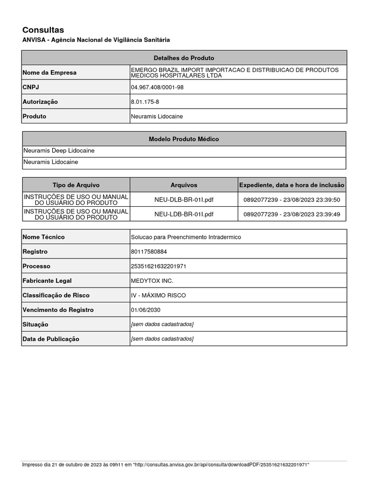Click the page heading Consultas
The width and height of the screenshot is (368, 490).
pyautogui.click(x=43, y=30)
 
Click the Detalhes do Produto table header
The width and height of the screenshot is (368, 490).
pyautogui.click(x=184, y=58)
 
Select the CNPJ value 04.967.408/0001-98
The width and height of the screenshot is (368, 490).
pyautogui.click(x=157, y=87)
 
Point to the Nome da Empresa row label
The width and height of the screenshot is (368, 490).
pyautogui.click(x=49, y=73)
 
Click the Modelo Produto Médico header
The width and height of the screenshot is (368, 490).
pyautogui.click(x=184, y=139)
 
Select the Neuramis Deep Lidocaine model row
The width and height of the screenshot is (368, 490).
pyautogui.click(x=59, y=151)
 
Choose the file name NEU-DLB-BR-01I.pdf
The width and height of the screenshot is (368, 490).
pyautogui.click(x=184, y=200)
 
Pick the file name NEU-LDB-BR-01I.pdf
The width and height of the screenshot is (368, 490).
pyautogui.click(x=184, y=214)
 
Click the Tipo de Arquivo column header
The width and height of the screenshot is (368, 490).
pyautogui.click(x=76, y=185)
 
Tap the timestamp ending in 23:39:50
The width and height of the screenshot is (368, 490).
pyautogui.click(x=292, y=200)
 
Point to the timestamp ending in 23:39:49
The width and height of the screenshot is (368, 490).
pyautogui.click(x=292, y=214)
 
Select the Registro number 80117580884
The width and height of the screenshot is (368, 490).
pyautogui.click(x=149, y=252)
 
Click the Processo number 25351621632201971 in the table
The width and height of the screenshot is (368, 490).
pyautogui.click(x=159, y=266)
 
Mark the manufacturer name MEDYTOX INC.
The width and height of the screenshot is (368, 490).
pyautogui.click(x=152, y=281)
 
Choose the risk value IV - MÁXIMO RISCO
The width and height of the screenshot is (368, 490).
pyautogui.click(x=158, y=295)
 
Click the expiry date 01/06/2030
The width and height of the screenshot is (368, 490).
pyautogui.click(x=146, y=310)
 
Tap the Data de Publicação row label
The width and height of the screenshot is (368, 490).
pyautogui.click(x=51, y=339)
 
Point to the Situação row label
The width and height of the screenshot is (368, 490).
pyautogui.click(x=35, y=324)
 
